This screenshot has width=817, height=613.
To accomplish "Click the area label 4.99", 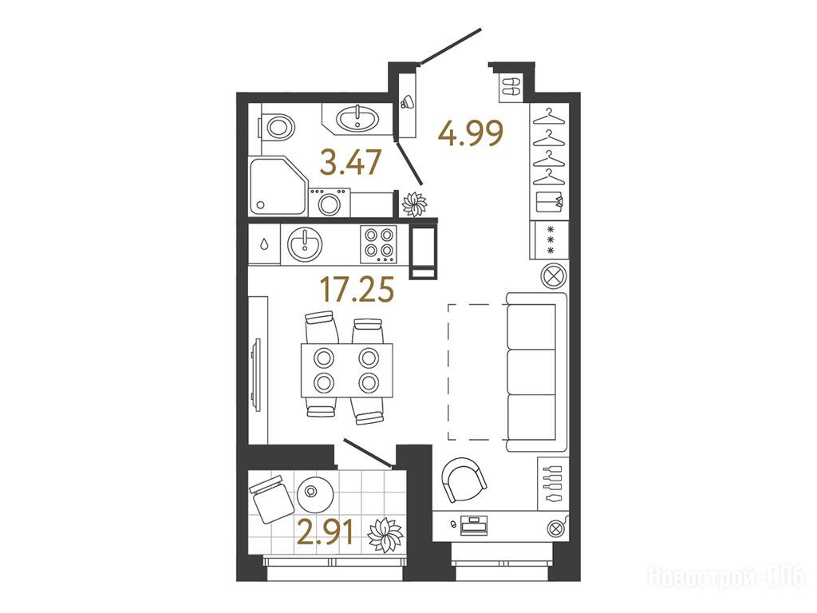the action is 471,133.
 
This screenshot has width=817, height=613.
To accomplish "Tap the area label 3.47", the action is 351,162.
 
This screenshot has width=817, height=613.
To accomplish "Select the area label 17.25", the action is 357,290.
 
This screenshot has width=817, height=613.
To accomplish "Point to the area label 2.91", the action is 327,533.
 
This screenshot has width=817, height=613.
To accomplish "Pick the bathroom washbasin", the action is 357,118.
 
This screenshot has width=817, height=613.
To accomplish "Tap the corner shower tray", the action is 277,185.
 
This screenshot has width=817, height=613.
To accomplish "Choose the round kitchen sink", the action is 304,243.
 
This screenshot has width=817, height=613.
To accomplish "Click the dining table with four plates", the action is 346,370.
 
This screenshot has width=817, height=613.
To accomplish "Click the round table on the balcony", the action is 314,493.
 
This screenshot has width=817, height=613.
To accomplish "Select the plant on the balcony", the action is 385,535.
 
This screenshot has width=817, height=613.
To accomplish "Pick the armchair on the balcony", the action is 271,499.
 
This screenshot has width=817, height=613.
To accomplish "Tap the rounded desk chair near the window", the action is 464,479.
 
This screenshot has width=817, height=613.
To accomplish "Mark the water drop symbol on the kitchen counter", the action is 264,244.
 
